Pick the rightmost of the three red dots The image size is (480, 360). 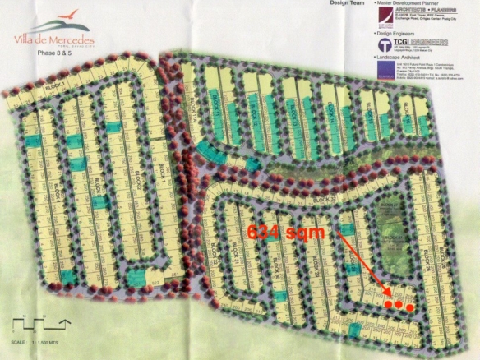(408, 306)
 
